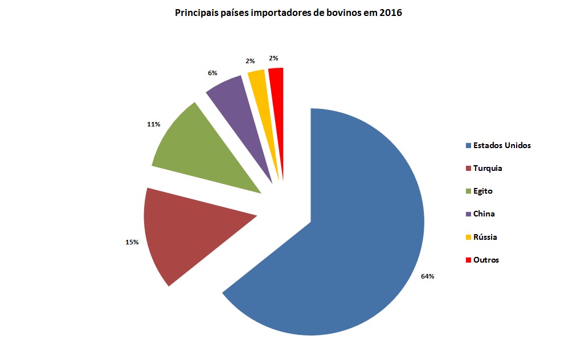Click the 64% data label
(x=428, y=276)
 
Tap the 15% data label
(x=132, y=242)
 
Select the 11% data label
(x=154, y=123)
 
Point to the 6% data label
(x=212, y=73)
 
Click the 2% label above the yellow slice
(x=251, y=60)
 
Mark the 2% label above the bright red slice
(x=273, y=58)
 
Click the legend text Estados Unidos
(x=502, y=145)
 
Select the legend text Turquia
(x=488, y=168)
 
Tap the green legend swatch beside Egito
(x=469, y=191)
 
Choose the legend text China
(x=484, y=214)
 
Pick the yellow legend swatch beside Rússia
(x=469, y=237)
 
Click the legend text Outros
(x=486, y=260)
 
